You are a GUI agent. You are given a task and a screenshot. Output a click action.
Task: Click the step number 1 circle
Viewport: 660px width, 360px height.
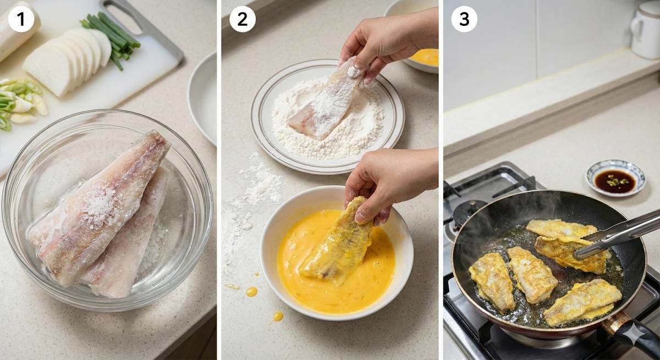(21, 19)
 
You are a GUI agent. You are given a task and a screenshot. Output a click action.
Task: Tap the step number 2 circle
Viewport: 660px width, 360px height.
(243, 19)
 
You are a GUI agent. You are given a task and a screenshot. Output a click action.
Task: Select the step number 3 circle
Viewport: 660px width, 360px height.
(464, 19)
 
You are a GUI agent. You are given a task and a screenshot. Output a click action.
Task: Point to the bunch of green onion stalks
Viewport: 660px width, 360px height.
(112, 37)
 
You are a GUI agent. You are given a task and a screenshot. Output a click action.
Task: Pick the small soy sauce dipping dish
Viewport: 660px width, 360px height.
(615, 179)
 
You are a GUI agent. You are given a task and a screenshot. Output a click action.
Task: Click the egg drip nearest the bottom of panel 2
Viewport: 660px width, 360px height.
(278, 317)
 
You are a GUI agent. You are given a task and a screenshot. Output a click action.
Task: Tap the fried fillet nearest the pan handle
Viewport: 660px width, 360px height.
(582, 303)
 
